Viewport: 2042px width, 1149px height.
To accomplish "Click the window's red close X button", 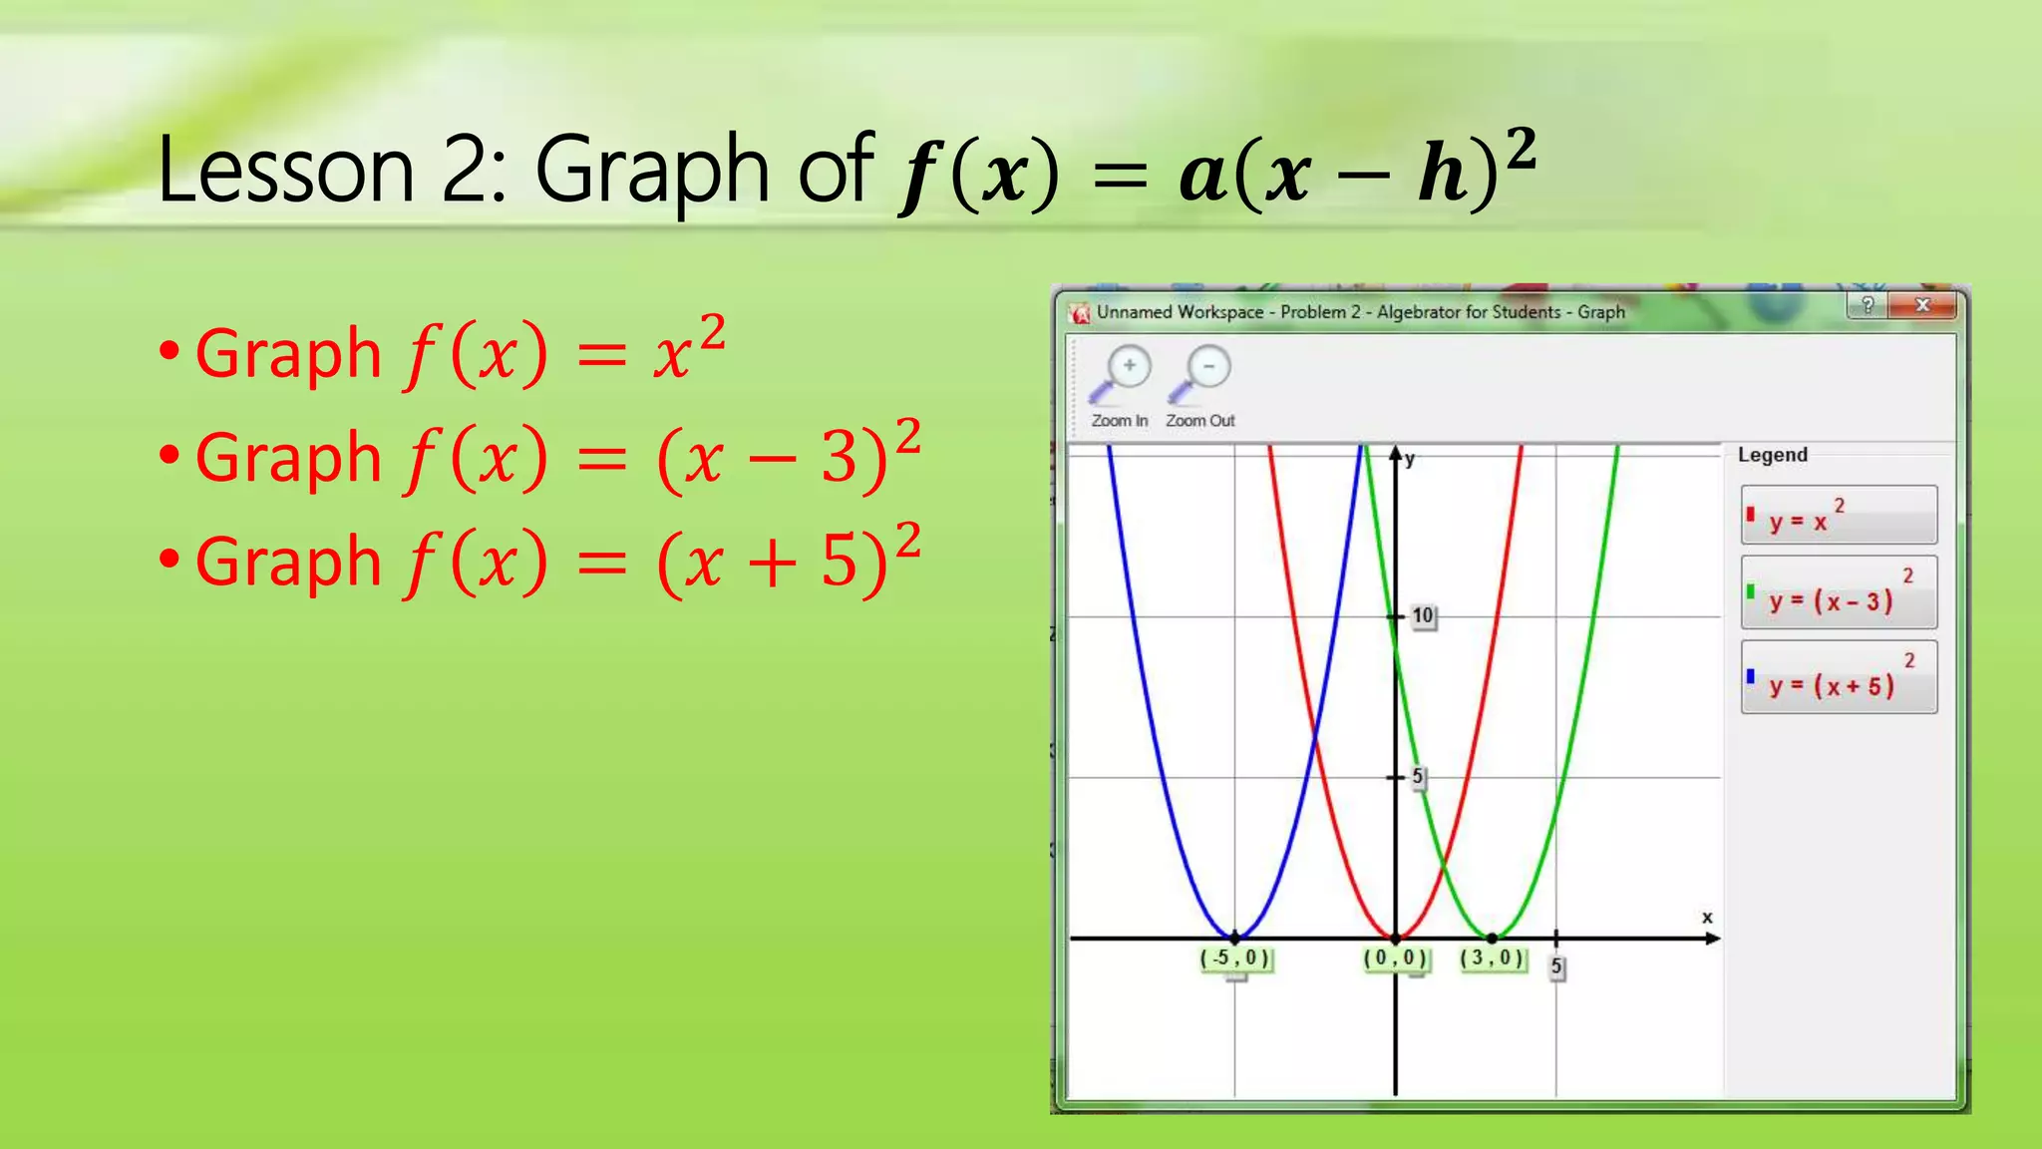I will click(1922, 305).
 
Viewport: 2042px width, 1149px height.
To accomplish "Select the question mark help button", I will click(1867, 305).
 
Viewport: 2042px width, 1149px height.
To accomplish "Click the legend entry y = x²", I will click(1839, 515).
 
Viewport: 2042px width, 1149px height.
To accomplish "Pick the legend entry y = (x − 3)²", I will click(1839, 593).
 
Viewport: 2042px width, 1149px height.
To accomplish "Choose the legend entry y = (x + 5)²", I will click(1839, 678).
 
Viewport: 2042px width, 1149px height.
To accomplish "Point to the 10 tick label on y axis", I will click(1423, 616).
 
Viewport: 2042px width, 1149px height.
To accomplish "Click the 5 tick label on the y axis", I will click(1418, 777).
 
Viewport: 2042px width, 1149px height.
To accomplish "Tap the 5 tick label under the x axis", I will click(1556, 966).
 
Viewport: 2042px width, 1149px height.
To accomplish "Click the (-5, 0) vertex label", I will click(1235, 958).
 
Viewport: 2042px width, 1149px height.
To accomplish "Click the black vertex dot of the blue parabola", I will click(1235, 938).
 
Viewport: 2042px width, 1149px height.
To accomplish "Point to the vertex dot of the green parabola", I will click(1492, 938).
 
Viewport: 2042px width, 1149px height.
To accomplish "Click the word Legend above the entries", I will click(1772, 455).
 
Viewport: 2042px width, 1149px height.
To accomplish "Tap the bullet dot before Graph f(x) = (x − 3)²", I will click(170, 456).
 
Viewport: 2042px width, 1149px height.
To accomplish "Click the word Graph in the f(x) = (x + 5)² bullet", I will click(288, 561).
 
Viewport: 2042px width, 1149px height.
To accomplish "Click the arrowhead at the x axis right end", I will click(1713, 938).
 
